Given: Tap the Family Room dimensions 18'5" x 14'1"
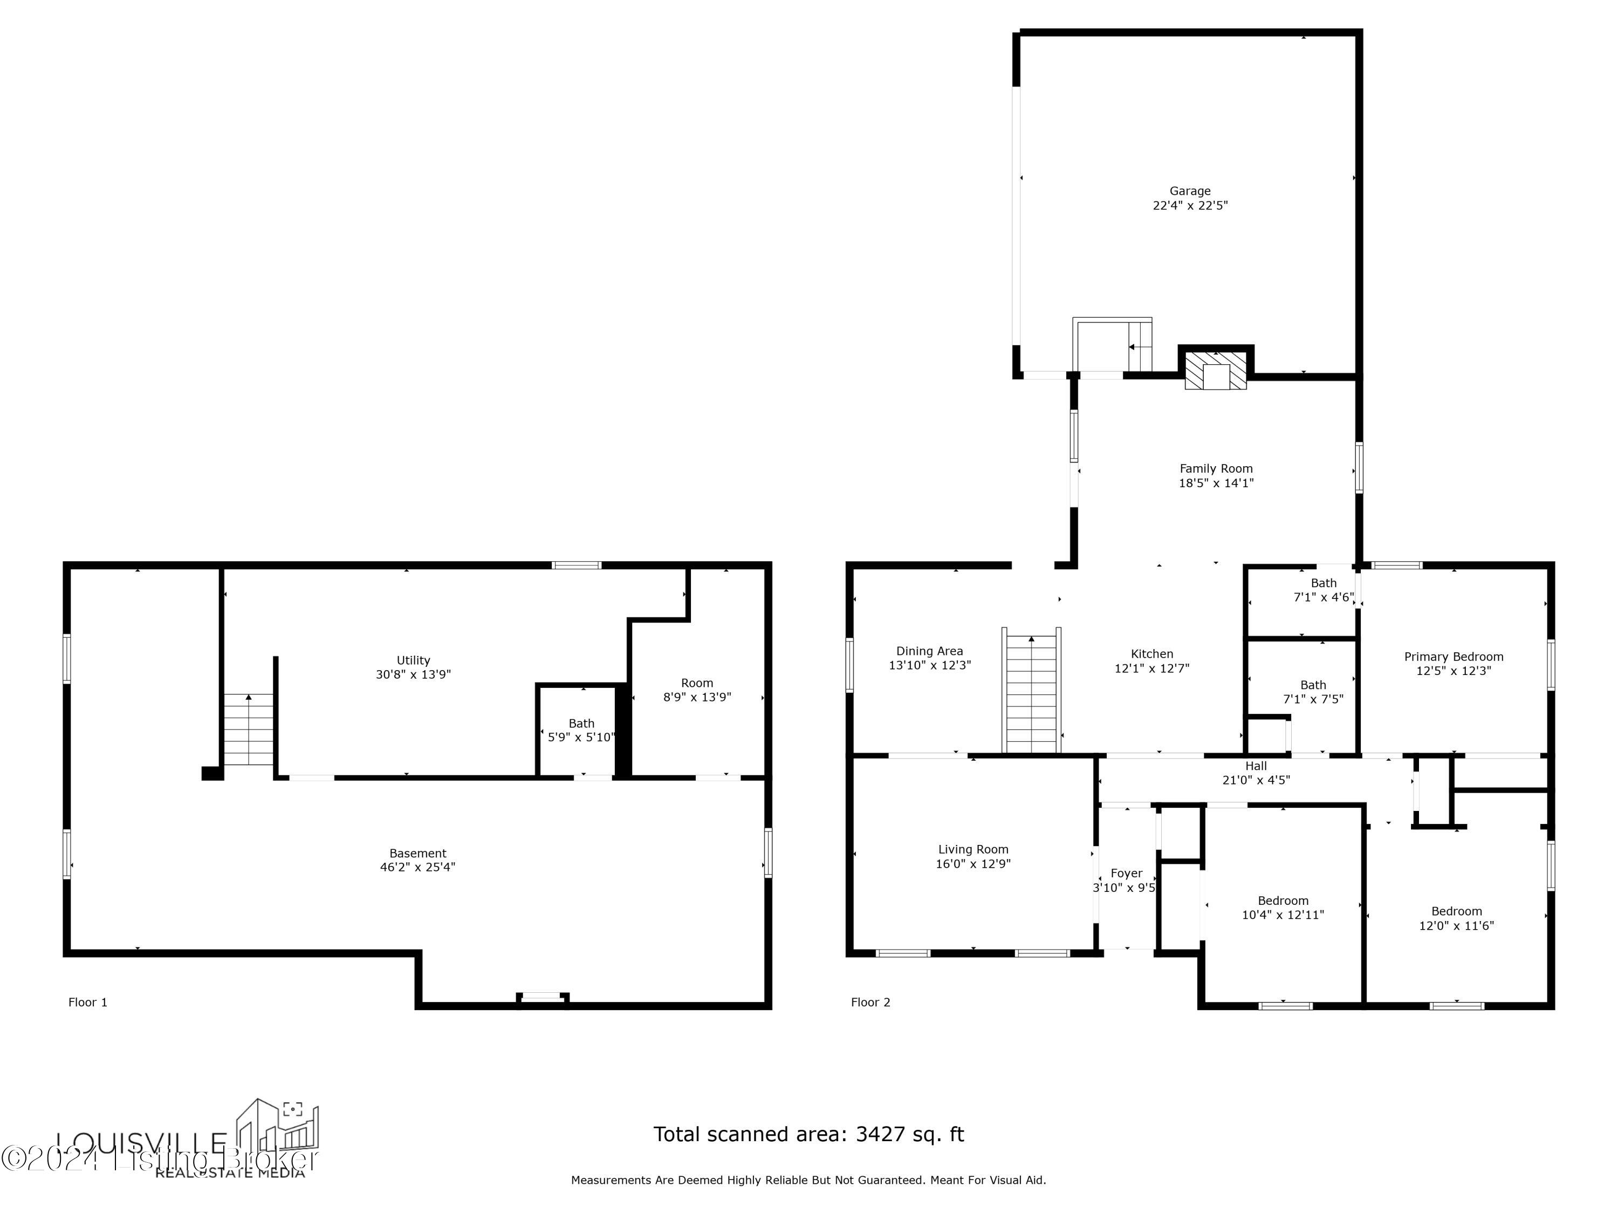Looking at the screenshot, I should [1216, 483].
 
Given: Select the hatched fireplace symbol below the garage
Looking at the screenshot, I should [1216, 370].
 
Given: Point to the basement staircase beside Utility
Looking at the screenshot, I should [249, 729].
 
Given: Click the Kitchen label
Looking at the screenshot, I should [1152, 654].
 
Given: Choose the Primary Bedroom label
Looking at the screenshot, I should [1454, 657].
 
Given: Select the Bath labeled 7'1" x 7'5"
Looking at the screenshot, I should [1313, 692].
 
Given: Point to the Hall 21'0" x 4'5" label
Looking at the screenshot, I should [1256, 773].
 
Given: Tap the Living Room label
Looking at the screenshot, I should [973, 850].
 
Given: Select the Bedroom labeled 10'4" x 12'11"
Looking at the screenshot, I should [1283, 908].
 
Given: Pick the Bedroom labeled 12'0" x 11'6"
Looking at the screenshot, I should [1456, 918].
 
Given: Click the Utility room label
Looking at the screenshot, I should [413, 660].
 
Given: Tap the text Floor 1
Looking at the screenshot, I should [88, 1002].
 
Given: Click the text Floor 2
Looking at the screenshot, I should [870, 1002].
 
